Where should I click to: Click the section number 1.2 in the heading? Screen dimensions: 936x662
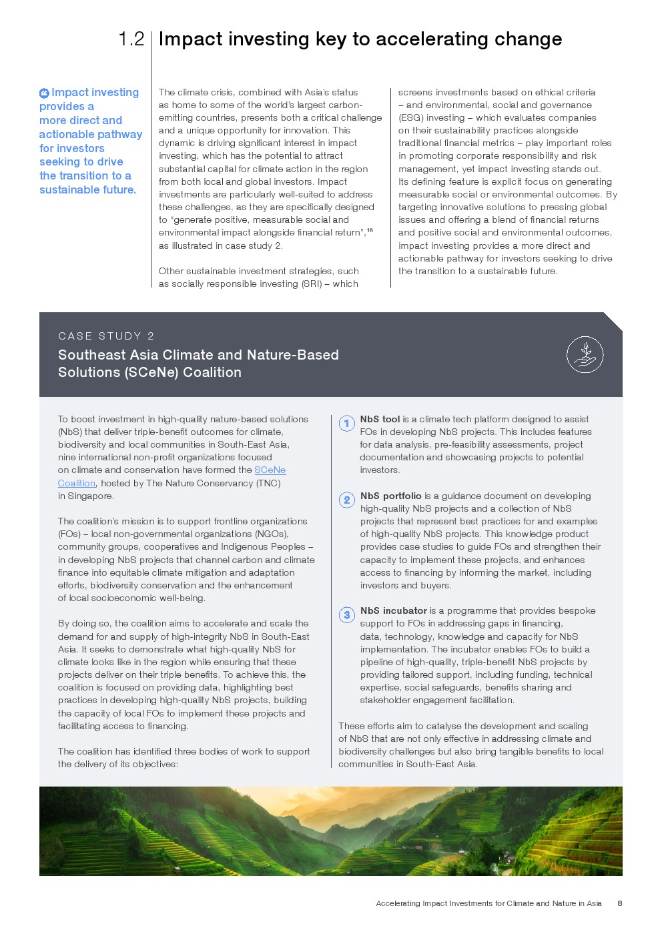coord(131,39)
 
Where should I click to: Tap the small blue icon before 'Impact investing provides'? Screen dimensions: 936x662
coord(44,93)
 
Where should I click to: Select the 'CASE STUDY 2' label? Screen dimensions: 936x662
coord(106,336)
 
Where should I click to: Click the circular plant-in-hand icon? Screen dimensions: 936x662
coord(585,354)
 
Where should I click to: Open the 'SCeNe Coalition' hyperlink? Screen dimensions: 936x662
coord(270,470)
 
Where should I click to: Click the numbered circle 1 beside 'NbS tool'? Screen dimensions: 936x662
coord(347,424)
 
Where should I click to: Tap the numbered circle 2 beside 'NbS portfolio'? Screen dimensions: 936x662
coord(347,500)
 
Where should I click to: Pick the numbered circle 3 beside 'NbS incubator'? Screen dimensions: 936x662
coord(347,615)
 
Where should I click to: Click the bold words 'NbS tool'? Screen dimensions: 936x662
coord(380,420)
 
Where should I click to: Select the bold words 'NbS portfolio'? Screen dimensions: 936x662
coord(390,496)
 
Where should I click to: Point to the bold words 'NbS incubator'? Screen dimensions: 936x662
coord(393,611)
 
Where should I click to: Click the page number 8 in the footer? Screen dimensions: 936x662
coord(620,903)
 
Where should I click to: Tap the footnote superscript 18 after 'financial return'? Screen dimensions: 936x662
coord(370,231)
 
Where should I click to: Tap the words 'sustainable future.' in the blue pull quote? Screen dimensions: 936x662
coord(87,190)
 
